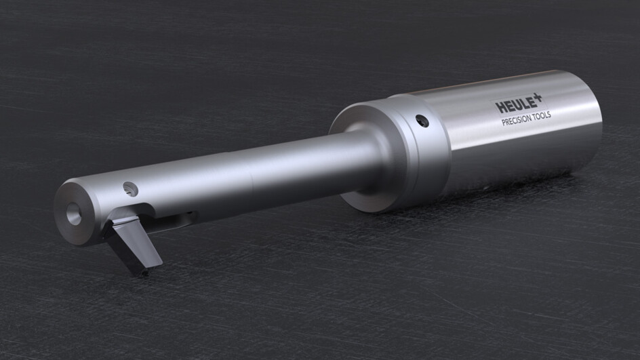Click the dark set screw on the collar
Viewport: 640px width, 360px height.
[x=422, y=121]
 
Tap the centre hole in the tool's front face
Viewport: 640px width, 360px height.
[x=73, y=214]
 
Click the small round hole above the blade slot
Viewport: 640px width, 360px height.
[x=130, y=189]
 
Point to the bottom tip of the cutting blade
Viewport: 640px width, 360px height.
[x=144, y=274]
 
